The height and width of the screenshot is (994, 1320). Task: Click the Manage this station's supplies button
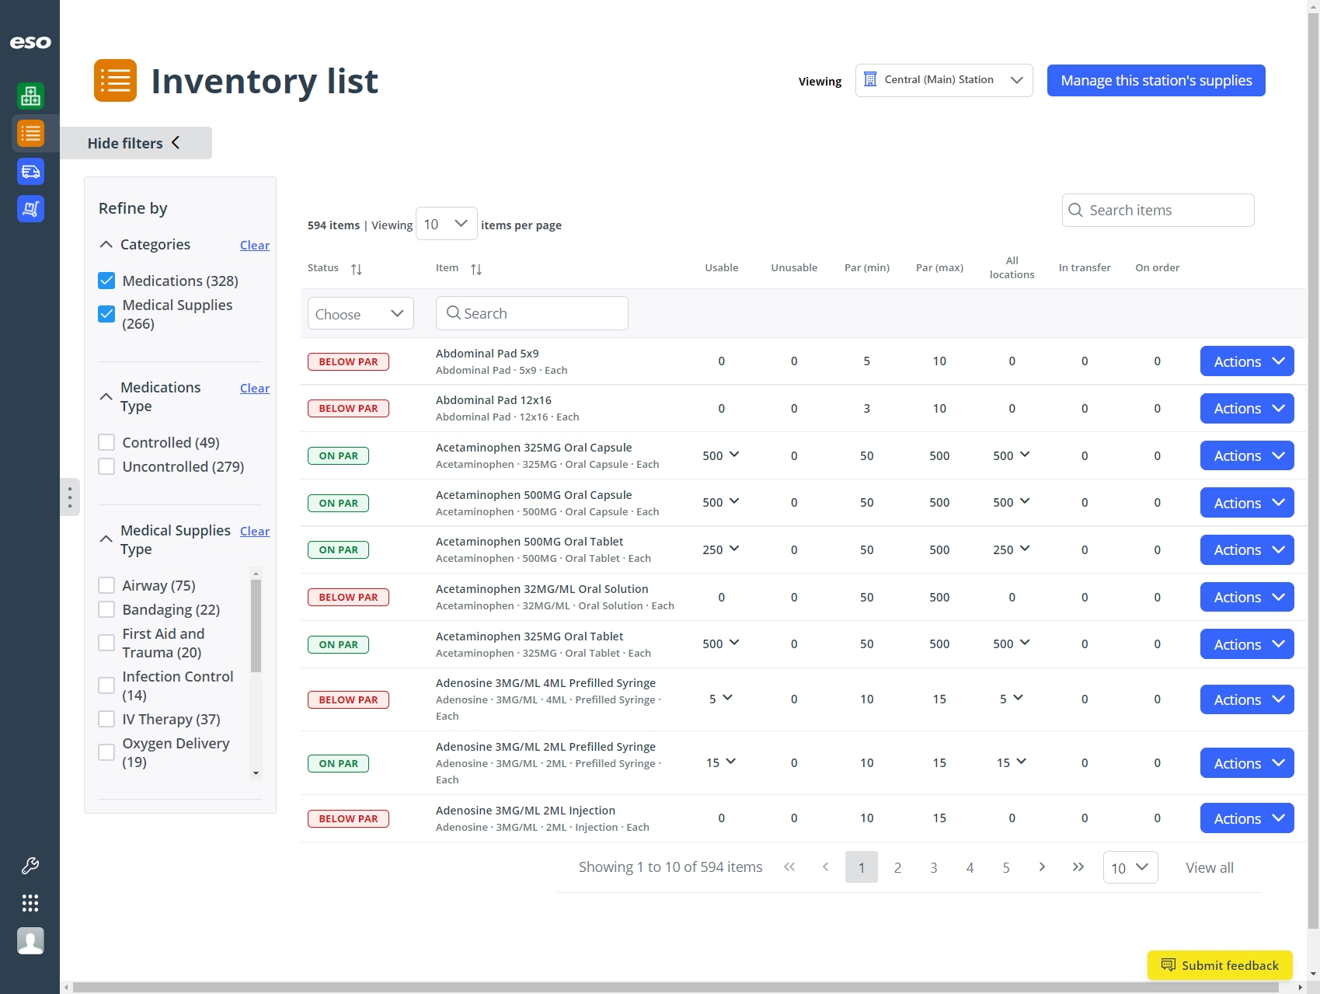[1155, 81]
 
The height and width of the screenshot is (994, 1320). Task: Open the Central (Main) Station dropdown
[943, 81]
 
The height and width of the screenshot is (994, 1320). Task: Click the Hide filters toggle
[134, 143]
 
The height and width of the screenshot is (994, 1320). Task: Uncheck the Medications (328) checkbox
[107, 281]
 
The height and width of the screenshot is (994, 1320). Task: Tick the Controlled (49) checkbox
[107, 442]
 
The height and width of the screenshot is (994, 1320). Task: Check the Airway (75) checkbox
[107, 585]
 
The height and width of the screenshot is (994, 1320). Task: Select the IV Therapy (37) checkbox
[107, 719]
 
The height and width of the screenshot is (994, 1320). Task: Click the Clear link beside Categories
[254, 246]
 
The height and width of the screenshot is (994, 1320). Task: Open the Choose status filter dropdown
[360, 314]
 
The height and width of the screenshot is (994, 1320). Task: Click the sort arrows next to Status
[357, 269]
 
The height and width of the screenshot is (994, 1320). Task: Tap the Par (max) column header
[939, 267]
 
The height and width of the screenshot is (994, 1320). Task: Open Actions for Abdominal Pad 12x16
[1246, 409]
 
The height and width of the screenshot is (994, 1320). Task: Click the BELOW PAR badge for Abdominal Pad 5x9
[348, 361]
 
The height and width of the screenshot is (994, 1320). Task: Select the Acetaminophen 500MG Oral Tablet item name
[529, 542]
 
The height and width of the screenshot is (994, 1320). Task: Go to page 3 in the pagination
[934, 867]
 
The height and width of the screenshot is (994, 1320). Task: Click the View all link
[1209, 867]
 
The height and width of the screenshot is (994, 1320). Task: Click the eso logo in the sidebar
[30, 43]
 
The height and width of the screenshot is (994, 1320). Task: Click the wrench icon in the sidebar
[30, 865]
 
